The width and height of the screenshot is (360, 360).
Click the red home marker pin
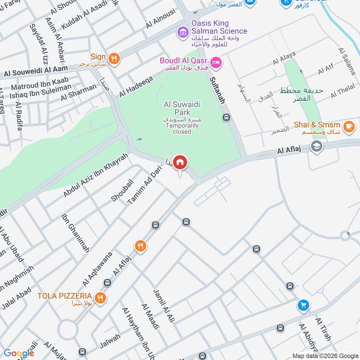[180, 162]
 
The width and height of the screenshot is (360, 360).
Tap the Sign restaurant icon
[115, 58]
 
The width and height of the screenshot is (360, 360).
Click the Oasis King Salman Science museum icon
[183, 32]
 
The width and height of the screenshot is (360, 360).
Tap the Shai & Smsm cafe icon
[348, 127]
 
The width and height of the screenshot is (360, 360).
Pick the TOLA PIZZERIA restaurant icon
[100, 298]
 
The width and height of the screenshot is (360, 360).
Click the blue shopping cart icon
[303, 306]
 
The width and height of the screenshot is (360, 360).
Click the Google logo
[19, 353]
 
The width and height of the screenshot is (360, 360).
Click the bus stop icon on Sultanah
[226, 117]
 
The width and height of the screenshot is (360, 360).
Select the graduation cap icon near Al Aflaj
[317, 147]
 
